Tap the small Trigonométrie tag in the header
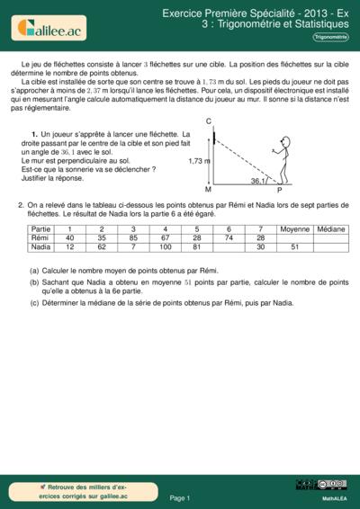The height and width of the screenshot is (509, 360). (x=331, y=37)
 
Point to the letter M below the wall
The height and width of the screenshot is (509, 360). (x=208, y=191)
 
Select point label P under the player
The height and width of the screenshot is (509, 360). (x=279, y=191)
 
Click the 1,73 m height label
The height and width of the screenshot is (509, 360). (x=199, y=161)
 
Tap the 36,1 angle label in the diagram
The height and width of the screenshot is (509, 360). (x=257, y=181)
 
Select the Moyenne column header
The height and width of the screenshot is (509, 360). (x=294, y=228)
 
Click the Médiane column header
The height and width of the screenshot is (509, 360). (x=331, y=228)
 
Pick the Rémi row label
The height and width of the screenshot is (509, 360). (x=40, y=237)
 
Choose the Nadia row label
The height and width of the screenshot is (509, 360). (x=40, y=246)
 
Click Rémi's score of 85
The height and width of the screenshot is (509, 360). (x=133, y=237)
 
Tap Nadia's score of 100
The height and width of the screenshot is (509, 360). (x=165, y=246)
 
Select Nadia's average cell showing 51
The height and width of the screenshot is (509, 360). (x=294, y=246)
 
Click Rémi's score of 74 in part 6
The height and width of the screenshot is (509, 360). (x=229, y=237)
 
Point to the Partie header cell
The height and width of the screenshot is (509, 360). (x=40, y=228)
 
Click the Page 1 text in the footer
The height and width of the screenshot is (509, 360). (x=180, y=496)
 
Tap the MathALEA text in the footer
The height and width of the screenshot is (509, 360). (x=335, y=497)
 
